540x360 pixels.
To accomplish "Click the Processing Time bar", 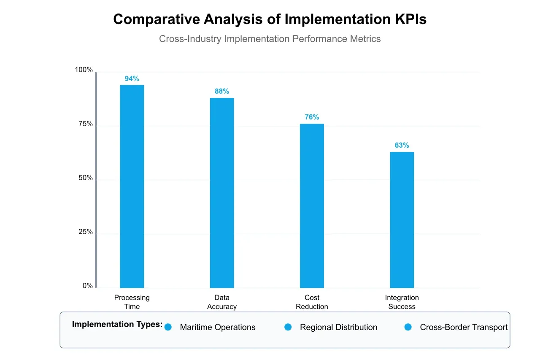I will click(x=132, y=186).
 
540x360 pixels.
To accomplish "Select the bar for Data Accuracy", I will click(x=222, y=193).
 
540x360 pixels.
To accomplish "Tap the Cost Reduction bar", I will click(x=312, y=206).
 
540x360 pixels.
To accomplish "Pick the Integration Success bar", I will click(x=402, y=219).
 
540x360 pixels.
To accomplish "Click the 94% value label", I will click(x=132, y=78).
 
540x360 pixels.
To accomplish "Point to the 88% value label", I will click(x=222, y=91).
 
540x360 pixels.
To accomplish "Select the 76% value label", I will click(x=312, y=117).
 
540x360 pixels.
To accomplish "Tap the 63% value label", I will click(x=402, y=145).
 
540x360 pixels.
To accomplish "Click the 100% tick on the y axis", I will click(x=84, y=70).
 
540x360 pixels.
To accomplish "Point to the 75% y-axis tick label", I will click(x=86, y=124).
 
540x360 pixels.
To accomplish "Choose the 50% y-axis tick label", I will click(x=86, y=178).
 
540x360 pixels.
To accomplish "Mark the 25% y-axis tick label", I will click(x=86, y=232).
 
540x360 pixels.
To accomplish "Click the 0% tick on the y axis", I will click(x=88, y=286).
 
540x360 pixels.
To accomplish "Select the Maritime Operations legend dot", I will click(x=168, y=327).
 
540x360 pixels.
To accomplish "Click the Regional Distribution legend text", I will click(x=338, y=328).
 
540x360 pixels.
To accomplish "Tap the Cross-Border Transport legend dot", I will click(x=408, y=327).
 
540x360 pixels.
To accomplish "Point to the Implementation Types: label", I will click(x=117, y=325).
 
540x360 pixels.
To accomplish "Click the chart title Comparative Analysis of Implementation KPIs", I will click(x=270, y=19).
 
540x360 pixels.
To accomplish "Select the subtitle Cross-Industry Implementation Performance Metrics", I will click(x=270, y=39).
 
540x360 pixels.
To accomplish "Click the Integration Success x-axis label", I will click(x=402, y=302).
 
